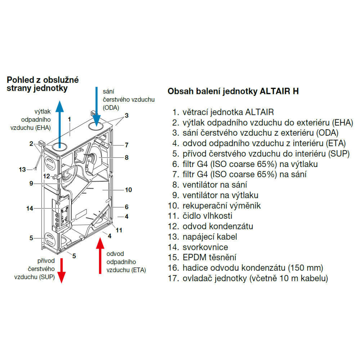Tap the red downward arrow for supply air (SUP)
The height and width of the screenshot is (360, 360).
click(62, 270)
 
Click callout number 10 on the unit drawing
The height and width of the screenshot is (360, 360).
click(129, 189)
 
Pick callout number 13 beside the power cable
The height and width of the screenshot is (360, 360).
click(22, 169)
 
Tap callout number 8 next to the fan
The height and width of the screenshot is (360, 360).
click(127, 157)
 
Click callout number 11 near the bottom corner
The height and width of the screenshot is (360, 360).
click(119, 230)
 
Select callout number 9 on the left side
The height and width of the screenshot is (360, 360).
click(31, 183)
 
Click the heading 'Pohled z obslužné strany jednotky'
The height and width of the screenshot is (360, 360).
click(43, 84)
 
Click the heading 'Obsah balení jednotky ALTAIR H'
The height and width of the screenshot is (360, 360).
click(233, 91)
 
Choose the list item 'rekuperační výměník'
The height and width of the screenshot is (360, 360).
click(221, 206)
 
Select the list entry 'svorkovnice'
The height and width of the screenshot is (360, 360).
click(205, 247)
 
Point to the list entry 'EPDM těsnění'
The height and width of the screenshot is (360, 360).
click(209, 257)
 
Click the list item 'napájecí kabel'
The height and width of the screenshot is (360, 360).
click(210, 237)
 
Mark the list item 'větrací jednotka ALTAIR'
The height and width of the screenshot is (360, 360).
click(228, 112)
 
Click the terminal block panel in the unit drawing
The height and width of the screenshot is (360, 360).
click(63, 214)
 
